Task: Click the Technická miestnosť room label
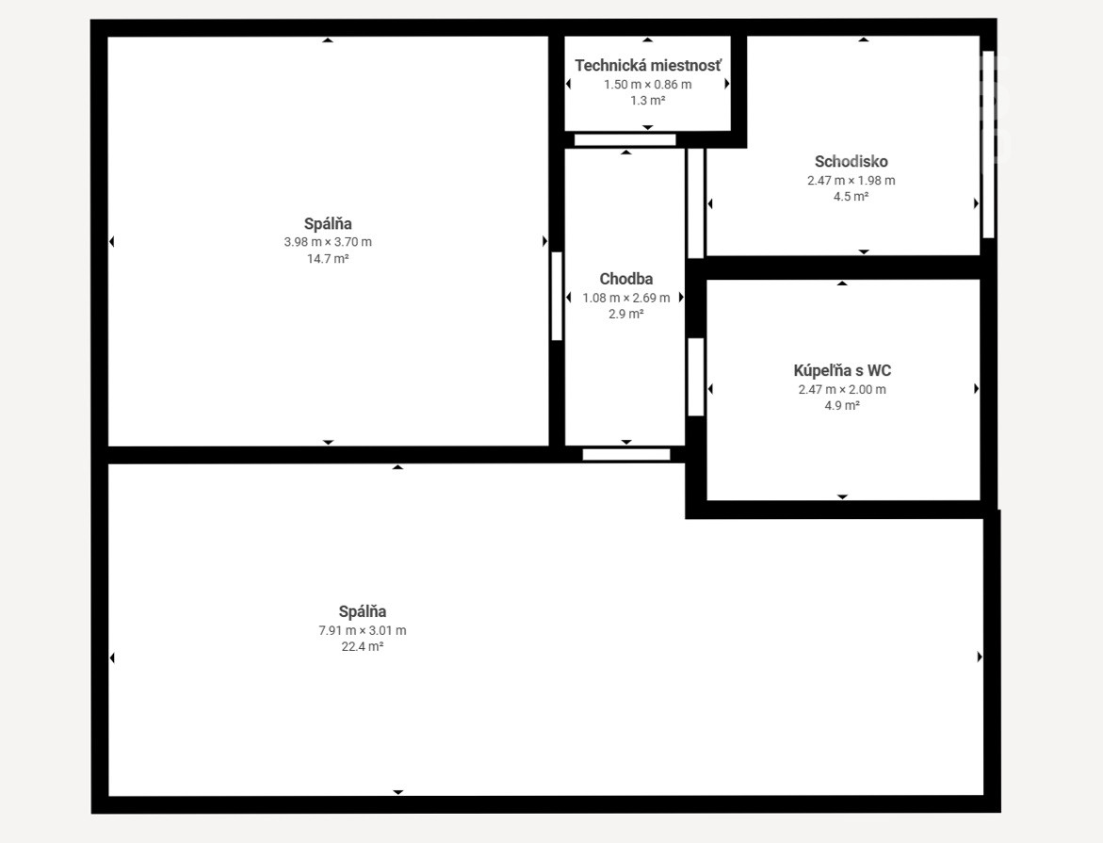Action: coord(648,65)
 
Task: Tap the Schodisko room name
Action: coord(852,161)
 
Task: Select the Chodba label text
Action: coord(626,279)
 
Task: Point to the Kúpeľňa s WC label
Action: coord(842,370)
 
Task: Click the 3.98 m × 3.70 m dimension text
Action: coord(328,242)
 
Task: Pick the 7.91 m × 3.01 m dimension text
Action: coord(363,630)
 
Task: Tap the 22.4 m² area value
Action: coord(363,647)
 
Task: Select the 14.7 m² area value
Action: coord(328,258)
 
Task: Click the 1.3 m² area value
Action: coord(648,101)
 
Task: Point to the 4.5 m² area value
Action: coord(852,196)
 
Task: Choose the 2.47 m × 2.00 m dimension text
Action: coord(842,389)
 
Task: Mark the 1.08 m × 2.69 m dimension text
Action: coord(626,298)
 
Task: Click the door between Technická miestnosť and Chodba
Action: coord(624,140)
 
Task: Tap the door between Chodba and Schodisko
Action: coord(696,203)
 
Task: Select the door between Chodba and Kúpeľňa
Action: coord(696,377)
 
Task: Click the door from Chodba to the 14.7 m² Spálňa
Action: coord(557,297)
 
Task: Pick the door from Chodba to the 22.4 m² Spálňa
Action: coord(626,455)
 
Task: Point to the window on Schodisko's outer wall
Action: coord(988,144)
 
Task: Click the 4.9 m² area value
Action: coord(842,405)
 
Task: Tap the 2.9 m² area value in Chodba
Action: coord(626,314)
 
